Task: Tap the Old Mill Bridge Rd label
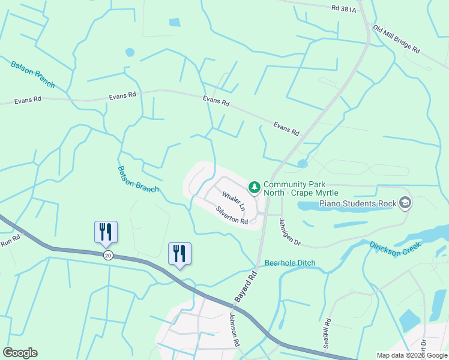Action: coord(396,39)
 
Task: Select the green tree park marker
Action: coord(255,188)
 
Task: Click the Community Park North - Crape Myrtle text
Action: coord(301,189)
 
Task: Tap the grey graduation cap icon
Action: coord(405,203)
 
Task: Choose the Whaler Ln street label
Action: coord(234,201)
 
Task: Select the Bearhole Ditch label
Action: coord(290,263)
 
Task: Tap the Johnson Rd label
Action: coord(235,330)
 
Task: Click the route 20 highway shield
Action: coord(107,255)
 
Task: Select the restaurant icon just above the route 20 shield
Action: coord(106,231)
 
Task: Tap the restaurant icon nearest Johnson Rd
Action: coord(179,253)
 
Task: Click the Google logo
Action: coord(20,353)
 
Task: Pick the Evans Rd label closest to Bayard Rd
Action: coord(286,129)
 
